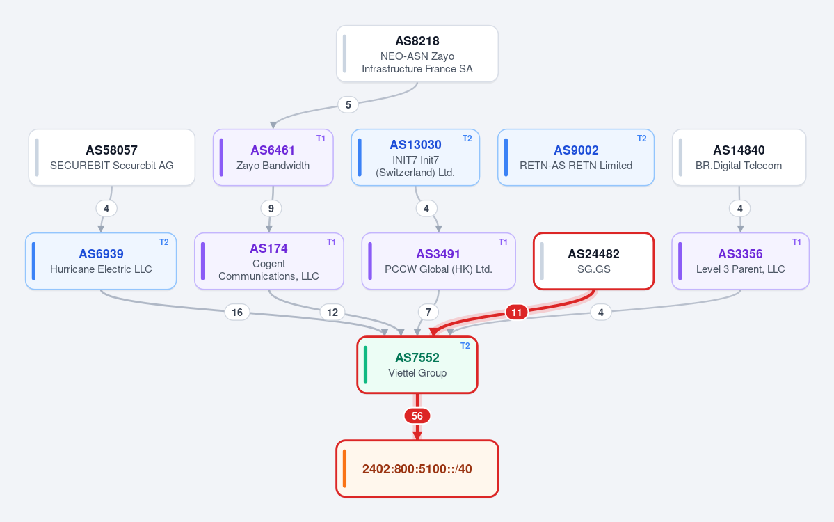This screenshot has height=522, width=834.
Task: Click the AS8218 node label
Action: click(417, 41)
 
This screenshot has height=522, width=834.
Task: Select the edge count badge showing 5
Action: click(348, 104)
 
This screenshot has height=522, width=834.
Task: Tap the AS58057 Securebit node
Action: click(112, 157)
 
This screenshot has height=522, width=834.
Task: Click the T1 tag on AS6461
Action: click(321, 139)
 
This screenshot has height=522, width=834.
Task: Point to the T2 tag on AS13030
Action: click(467, 139)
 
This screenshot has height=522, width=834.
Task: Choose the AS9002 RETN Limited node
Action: click(576, 157)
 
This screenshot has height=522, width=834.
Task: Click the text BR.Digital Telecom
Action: click(739, 166)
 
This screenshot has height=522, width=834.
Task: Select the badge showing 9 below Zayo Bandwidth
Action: click(271, 208)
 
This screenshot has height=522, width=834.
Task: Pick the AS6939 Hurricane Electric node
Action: click(101, 261)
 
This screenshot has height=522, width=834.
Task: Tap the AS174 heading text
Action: click(268, 248)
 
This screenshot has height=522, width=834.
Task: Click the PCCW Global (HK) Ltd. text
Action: click(438, 269)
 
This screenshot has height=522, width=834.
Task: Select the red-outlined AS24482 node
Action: click(593, 261)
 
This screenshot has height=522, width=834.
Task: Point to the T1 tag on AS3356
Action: click(796, 242)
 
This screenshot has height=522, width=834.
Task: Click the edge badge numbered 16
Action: click(237, 312)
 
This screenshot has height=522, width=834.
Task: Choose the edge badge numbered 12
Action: click(332, 312)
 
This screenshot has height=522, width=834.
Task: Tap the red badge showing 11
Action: click(516, 312)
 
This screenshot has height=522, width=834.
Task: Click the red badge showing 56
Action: click(417, 416)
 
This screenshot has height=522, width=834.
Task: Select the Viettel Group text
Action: click(417, 373)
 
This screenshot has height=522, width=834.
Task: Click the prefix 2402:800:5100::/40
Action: click(417, 469)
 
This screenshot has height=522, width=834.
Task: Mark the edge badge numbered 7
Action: click(428, 312)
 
